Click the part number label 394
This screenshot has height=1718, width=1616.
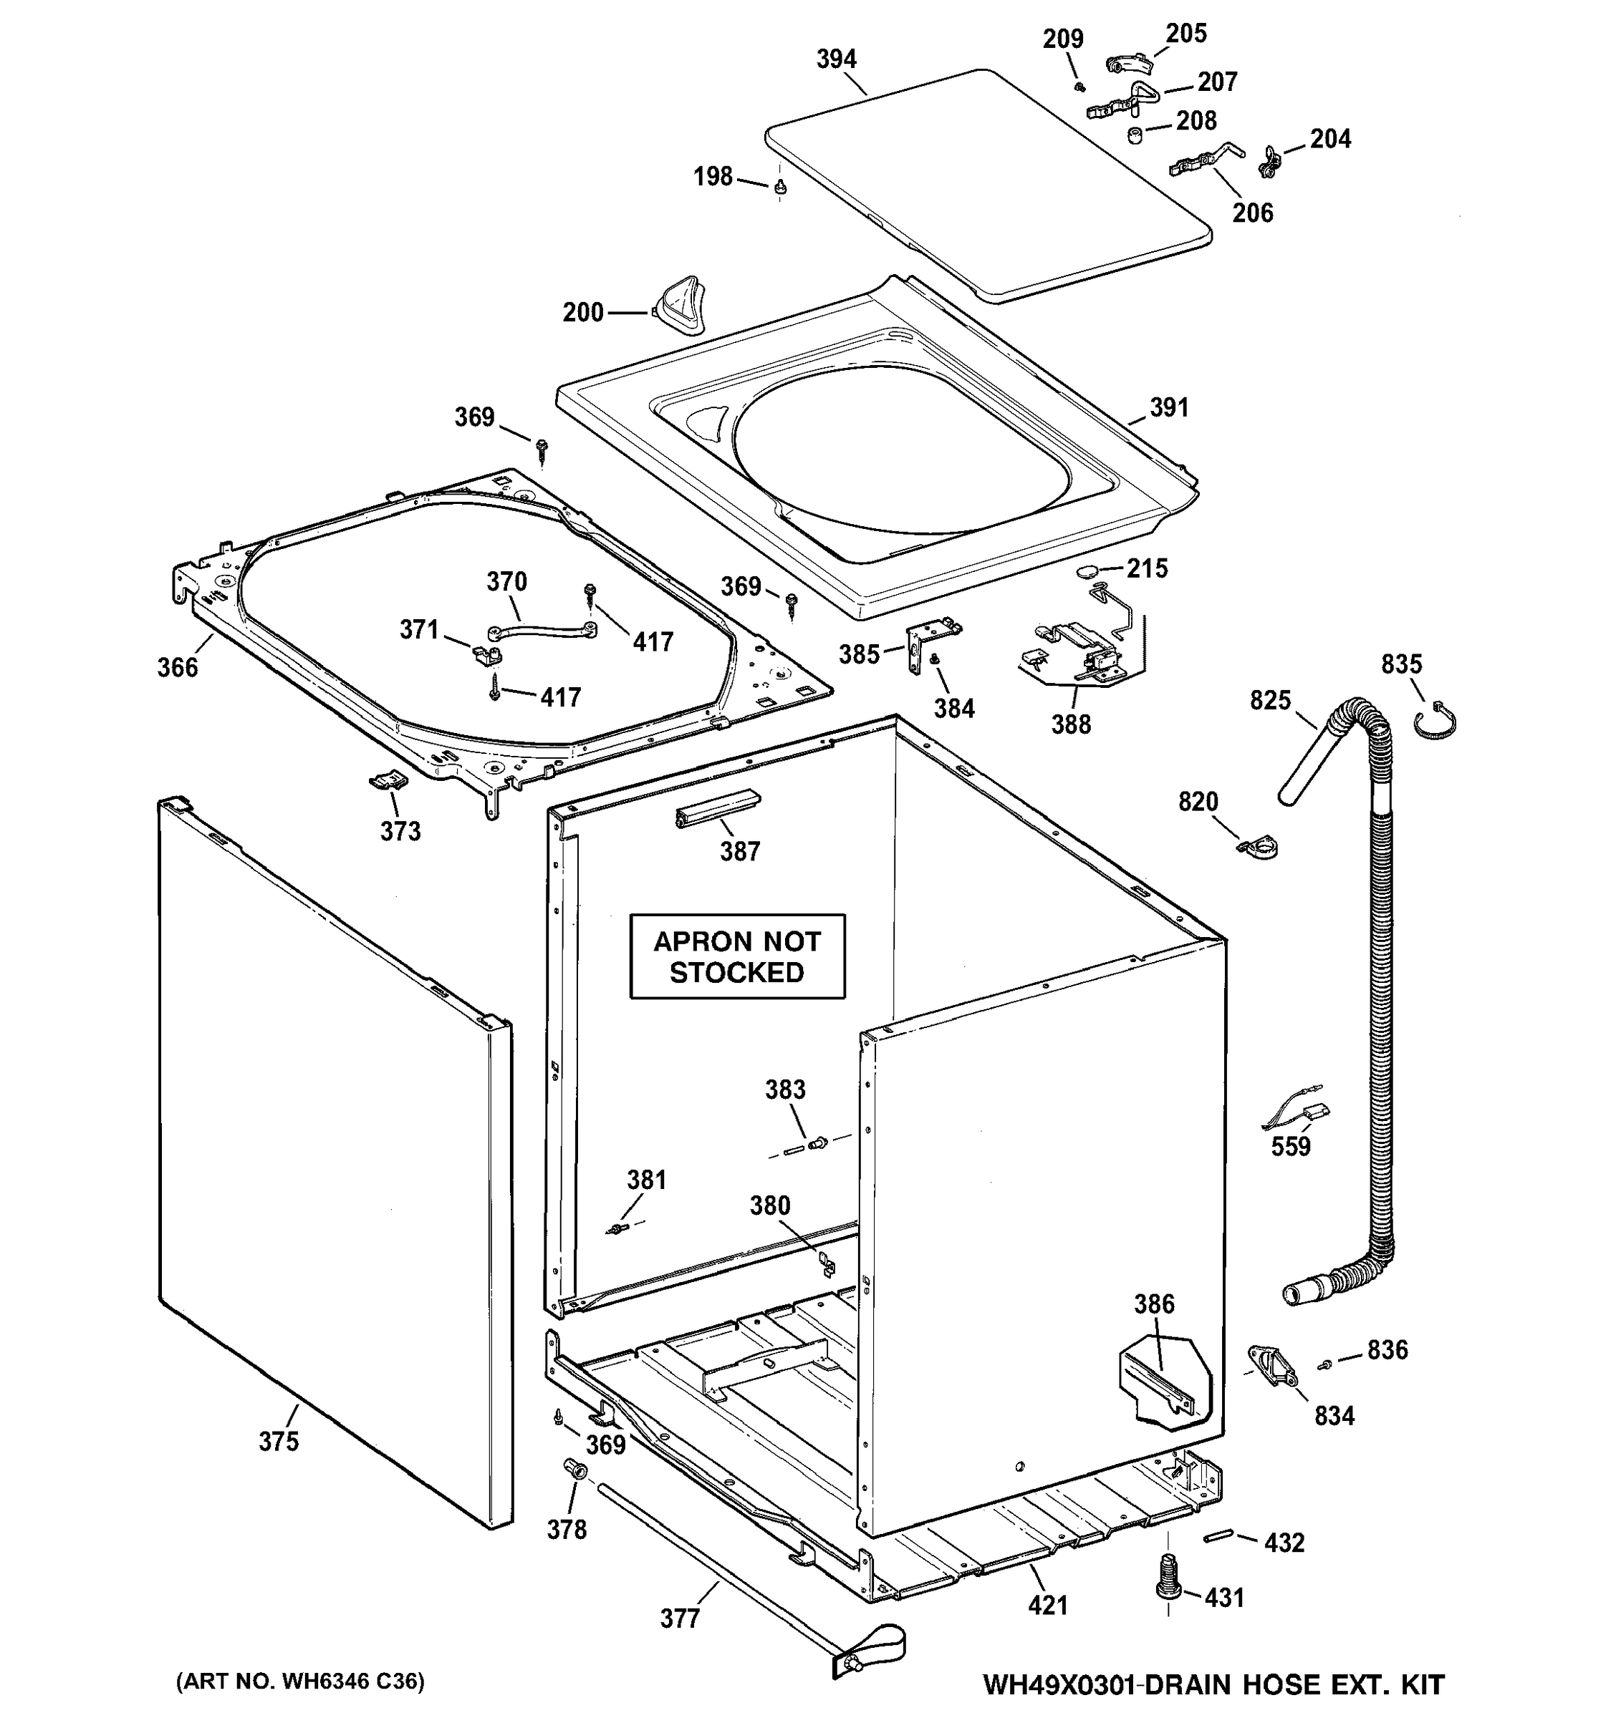pos(836,59)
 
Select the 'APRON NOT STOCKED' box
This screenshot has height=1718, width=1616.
pos(736,956)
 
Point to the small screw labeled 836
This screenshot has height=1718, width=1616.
pos(1324,1364)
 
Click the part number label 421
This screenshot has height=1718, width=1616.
pos(1048,1605)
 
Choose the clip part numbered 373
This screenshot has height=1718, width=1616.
pos(387,780)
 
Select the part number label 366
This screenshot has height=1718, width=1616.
pos(177,667)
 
